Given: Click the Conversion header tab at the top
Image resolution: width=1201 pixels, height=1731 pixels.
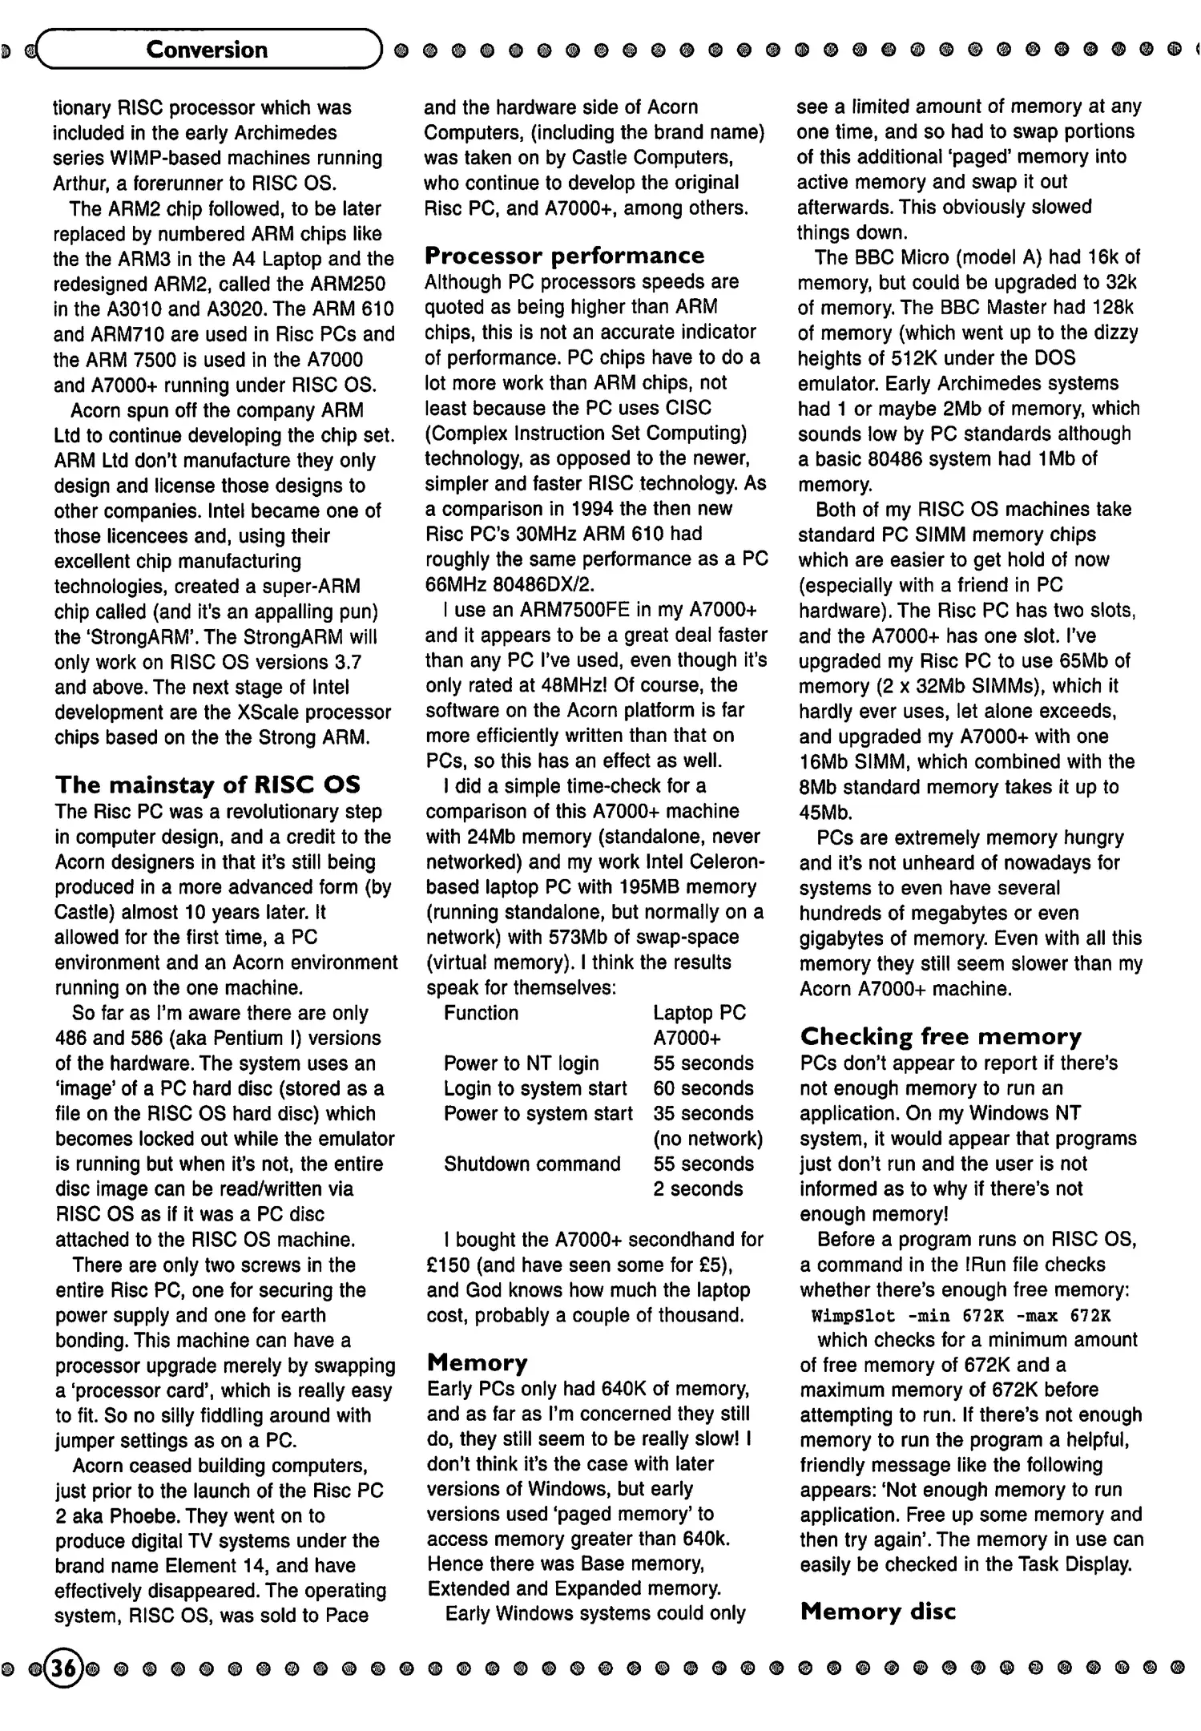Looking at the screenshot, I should click(207, 50).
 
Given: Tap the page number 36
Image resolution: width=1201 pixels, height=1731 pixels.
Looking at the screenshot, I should click(64, 1668).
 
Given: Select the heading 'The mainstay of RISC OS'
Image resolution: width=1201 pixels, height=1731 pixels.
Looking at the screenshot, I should click(208, 785).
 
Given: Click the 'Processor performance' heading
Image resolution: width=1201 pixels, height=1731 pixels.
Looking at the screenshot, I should click(565, 256).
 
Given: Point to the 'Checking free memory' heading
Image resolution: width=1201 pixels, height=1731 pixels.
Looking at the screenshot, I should click(941, 1037).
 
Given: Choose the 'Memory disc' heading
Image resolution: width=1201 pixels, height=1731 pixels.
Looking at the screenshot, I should click(878, 1612).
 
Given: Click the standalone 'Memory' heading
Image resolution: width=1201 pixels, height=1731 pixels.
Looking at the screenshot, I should click(478, 1363).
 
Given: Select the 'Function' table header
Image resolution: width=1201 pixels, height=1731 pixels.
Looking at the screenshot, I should click(481, 1013).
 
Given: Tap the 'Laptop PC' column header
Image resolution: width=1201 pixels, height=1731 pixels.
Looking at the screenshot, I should click(699, 1013).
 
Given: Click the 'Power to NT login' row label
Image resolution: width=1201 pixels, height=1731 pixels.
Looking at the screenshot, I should click(521, 1063).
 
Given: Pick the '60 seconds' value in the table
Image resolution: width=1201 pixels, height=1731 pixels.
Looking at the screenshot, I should click(703, 1088).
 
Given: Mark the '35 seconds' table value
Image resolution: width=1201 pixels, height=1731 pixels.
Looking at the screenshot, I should click(703, 1114).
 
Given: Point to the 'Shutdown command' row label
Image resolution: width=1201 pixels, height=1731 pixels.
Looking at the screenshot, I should click(532, 1164).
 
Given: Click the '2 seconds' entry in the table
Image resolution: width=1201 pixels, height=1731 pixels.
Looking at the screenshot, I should click(698, 1189).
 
